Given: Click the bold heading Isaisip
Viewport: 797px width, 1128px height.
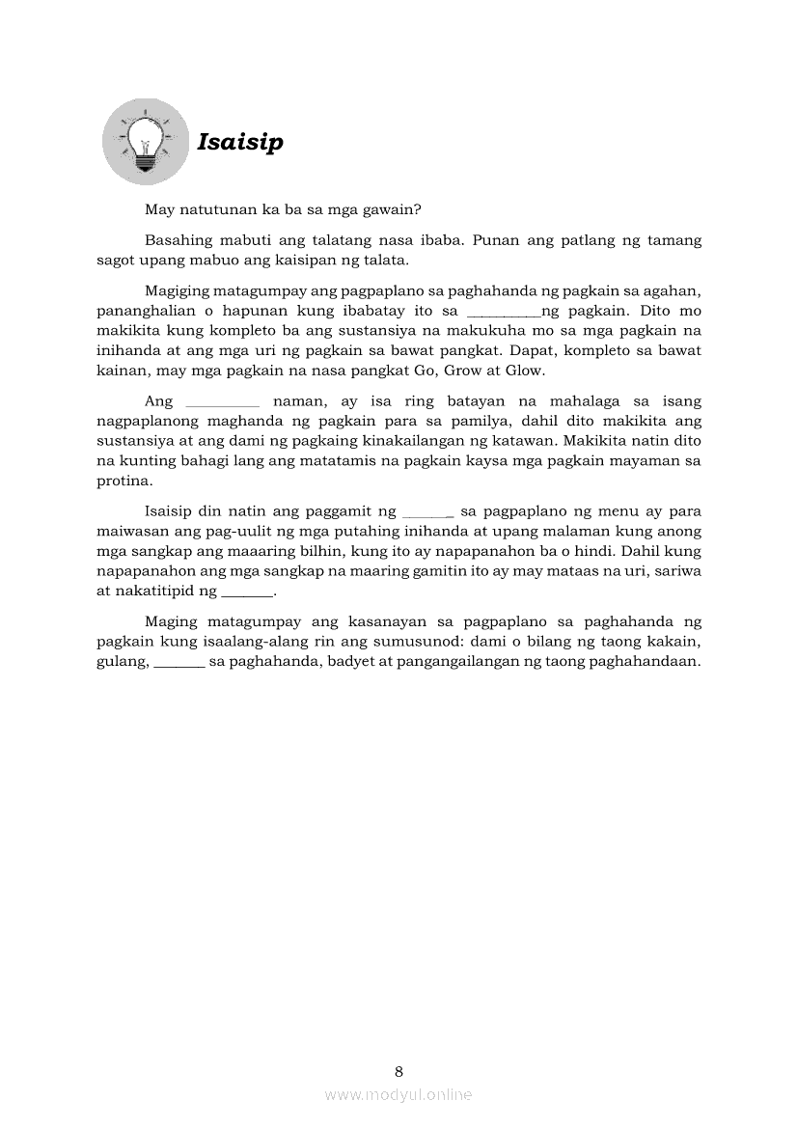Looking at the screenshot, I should tap(240, 143).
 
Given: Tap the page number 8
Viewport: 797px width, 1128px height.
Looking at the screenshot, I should tap(398, 1071).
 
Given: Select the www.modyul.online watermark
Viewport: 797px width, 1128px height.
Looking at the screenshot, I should tap(398, 1094).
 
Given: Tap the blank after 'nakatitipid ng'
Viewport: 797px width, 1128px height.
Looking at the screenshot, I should tap(248, 593).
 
